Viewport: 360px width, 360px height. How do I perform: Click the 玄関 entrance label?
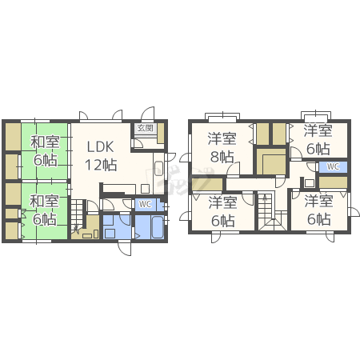point(146,128)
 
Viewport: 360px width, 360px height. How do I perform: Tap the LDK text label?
point(101,147)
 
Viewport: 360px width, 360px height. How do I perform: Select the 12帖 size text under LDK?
point(101,165)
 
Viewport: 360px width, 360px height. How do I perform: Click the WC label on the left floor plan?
point(145,204)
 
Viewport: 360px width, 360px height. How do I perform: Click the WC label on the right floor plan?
point(333,166)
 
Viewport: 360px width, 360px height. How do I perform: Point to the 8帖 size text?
point(222,157)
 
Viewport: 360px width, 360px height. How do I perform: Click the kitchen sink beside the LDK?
point(158,169)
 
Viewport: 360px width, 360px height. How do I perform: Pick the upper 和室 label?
point(45,142)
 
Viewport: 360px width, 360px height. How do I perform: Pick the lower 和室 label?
point(44,201)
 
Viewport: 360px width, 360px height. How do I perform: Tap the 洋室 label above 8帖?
point(222,138)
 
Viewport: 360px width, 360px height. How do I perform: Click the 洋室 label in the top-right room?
point(318,130)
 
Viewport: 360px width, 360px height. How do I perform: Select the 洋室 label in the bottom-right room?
point(319,202)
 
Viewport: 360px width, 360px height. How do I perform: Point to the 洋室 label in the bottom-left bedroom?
point(223,202)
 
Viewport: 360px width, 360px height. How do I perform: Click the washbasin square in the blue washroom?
point(110,234)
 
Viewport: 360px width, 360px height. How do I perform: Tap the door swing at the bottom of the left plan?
point(125,248)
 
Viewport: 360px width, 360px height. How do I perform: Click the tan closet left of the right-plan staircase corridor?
point(207,184)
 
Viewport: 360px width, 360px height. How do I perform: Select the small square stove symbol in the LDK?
point(145,189)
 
